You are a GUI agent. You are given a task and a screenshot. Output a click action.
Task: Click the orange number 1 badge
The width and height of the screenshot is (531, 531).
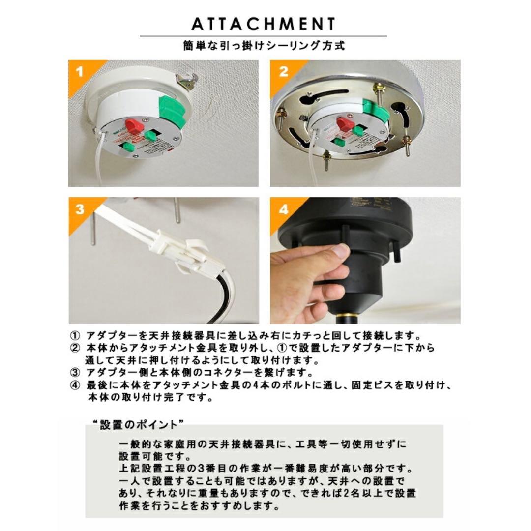pyautogui.click(x=80, y=72)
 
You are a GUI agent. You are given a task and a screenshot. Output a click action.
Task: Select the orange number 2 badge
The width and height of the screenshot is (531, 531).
pyautogui.click(x=283, y=72)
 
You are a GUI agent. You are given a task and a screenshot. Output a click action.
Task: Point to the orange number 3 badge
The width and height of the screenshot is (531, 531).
pyautogui.click(x=80, y=209)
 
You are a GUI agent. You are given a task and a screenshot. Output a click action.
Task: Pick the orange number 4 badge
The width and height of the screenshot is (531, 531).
pyautogui.click(x=283, y=209)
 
